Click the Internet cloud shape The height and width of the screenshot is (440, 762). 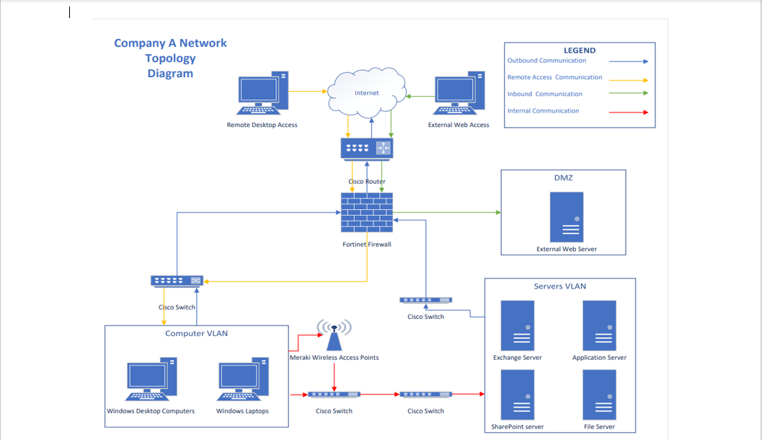click(366, 93)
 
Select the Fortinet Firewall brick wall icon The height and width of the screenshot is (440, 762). click(367, 212)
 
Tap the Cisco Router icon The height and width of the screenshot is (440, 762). click(367, 149)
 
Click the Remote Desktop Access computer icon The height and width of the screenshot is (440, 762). click(262, 94)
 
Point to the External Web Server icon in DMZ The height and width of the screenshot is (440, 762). click(567, 217)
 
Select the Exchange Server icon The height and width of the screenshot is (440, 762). click(518, 326)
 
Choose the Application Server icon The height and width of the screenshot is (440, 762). click(599, 326)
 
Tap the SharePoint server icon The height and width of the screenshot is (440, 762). click(518, 395)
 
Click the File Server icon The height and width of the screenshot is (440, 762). click(599, 395)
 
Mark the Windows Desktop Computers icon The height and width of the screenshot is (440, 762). click(151, 379)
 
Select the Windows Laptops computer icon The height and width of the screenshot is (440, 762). click(243, 379)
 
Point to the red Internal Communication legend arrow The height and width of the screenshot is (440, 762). click(628, 112)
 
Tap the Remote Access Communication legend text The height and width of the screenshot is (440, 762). click(554, 77)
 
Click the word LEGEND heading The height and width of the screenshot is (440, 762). click(580, 50)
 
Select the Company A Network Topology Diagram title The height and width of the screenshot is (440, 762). click(170, 58)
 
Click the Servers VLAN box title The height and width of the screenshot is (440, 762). click(559, 286)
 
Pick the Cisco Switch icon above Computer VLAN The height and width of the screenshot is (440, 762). click(177, 281)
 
